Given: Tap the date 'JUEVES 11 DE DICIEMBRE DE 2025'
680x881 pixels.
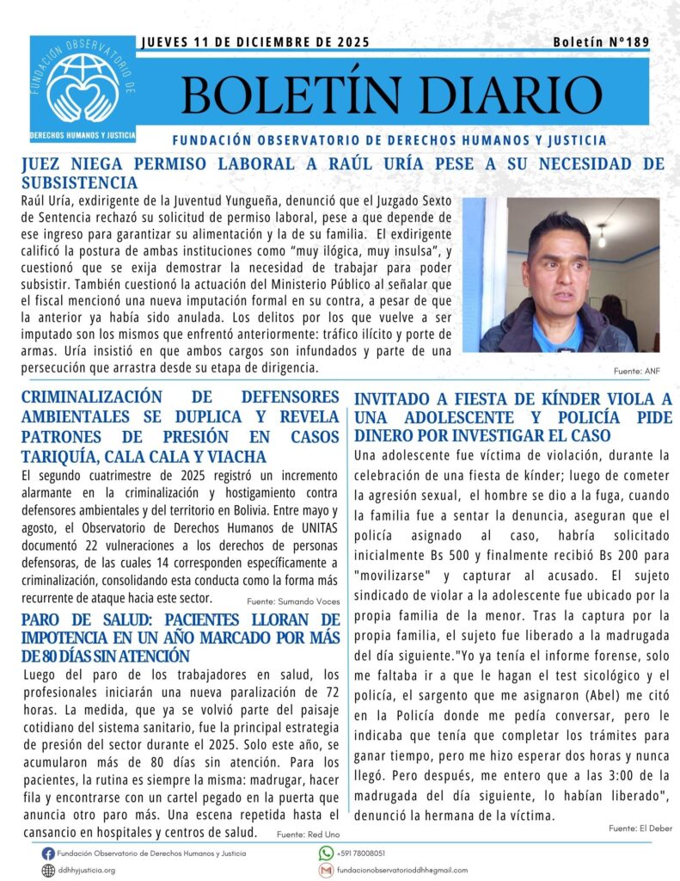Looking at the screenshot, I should point(254,42).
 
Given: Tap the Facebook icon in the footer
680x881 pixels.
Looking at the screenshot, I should point(48,853).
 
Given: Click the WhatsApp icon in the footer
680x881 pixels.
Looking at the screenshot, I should point(326,853).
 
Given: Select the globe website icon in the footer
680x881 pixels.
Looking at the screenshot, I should point(48,870).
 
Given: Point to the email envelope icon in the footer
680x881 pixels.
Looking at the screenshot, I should point(326,870).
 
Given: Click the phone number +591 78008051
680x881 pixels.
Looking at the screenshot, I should point(361,853).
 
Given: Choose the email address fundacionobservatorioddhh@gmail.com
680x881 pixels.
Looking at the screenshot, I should point(402,870).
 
